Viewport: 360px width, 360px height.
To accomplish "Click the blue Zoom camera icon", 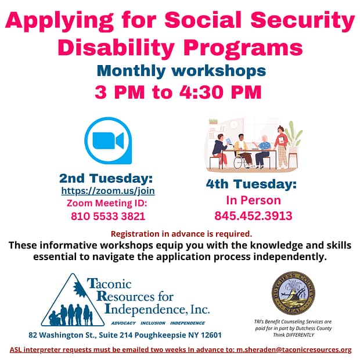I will tap(108, 141).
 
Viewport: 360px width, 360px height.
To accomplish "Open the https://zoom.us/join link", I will tap(108, 190).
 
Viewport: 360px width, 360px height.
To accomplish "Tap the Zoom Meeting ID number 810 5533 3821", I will tap(108, 216).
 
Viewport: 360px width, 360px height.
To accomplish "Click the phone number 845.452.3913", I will tap(253, 216).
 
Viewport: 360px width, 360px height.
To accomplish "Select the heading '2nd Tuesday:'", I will tap(106, 178).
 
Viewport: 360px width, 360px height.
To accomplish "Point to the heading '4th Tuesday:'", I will tap(251, 185).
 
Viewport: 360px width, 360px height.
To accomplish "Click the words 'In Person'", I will tap(253, 200).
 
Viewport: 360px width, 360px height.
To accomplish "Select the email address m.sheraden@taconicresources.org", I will tap(293, 350).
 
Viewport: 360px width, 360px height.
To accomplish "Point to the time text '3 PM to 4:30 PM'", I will tap(179, 92).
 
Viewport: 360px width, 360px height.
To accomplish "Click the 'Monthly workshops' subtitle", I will tap(181, 71).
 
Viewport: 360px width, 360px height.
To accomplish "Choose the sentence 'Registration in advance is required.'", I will tap(181, 234).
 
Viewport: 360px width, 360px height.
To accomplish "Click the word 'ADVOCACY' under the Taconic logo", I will tap(129, 323).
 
